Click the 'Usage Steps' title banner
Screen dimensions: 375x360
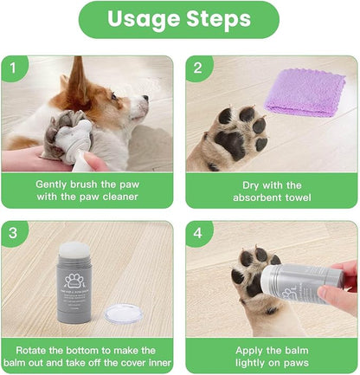pyautogui.click(x=179, y=20)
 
